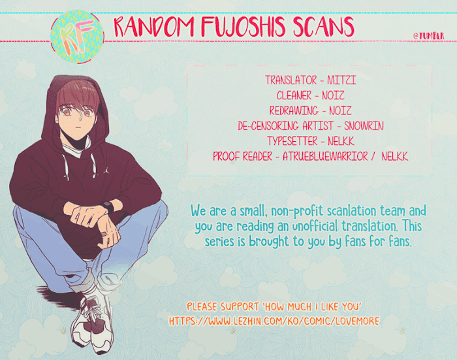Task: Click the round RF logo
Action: click(x=77, y=37)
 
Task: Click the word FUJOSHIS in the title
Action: click(x=243, y=27)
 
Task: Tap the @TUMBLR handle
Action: click(x=429, y=36)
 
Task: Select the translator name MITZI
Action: click(x=341, y=80)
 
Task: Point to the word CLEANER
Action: click(x=294, y=95)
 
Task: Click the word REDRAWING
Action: click(x=294, y=110)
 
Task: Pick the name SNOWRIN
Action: click(x=364, y=125)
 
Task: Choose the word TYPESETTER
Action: click(x=292, y=141)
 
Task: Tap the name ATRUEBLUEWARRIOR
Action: click(x=325, y=156)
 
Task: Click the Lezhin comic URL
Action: click(x=274, y=321)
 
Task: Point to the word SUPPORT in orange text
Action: click(x=240, y=306)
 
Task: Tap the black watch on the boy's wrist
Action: click(x=108, y=207)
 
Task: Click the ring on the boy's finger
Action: click(x=105, y=234)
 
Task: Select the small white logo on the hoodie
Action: click(x=106, y=171)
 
